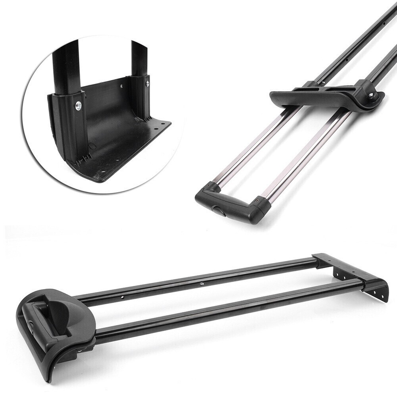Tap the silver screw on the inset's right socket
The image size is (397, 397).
coord(148,84)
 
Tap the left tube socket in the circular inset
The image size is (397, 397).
coord(67,119)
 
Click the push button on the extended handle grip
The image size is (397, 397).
coord(220,210)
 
